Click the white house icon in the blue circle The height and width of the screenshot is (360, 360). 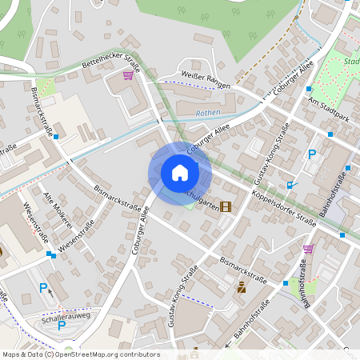179,172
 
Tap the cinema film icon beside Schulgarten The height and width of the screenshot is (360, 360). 226,206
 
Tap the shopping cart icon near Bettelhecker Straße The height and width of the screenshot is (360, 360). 127,74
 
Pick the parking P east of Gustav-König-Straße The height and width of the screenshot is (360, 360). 312,154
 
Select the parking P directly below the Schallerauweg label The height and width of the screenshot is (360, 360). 62,325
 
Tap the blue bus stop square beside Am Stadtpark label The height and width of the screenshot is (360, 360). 309,88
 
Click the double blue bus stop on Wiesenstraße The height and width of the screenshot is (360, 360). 51,254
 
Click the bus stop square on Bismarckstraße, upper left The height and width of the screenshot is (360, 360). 56,136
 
